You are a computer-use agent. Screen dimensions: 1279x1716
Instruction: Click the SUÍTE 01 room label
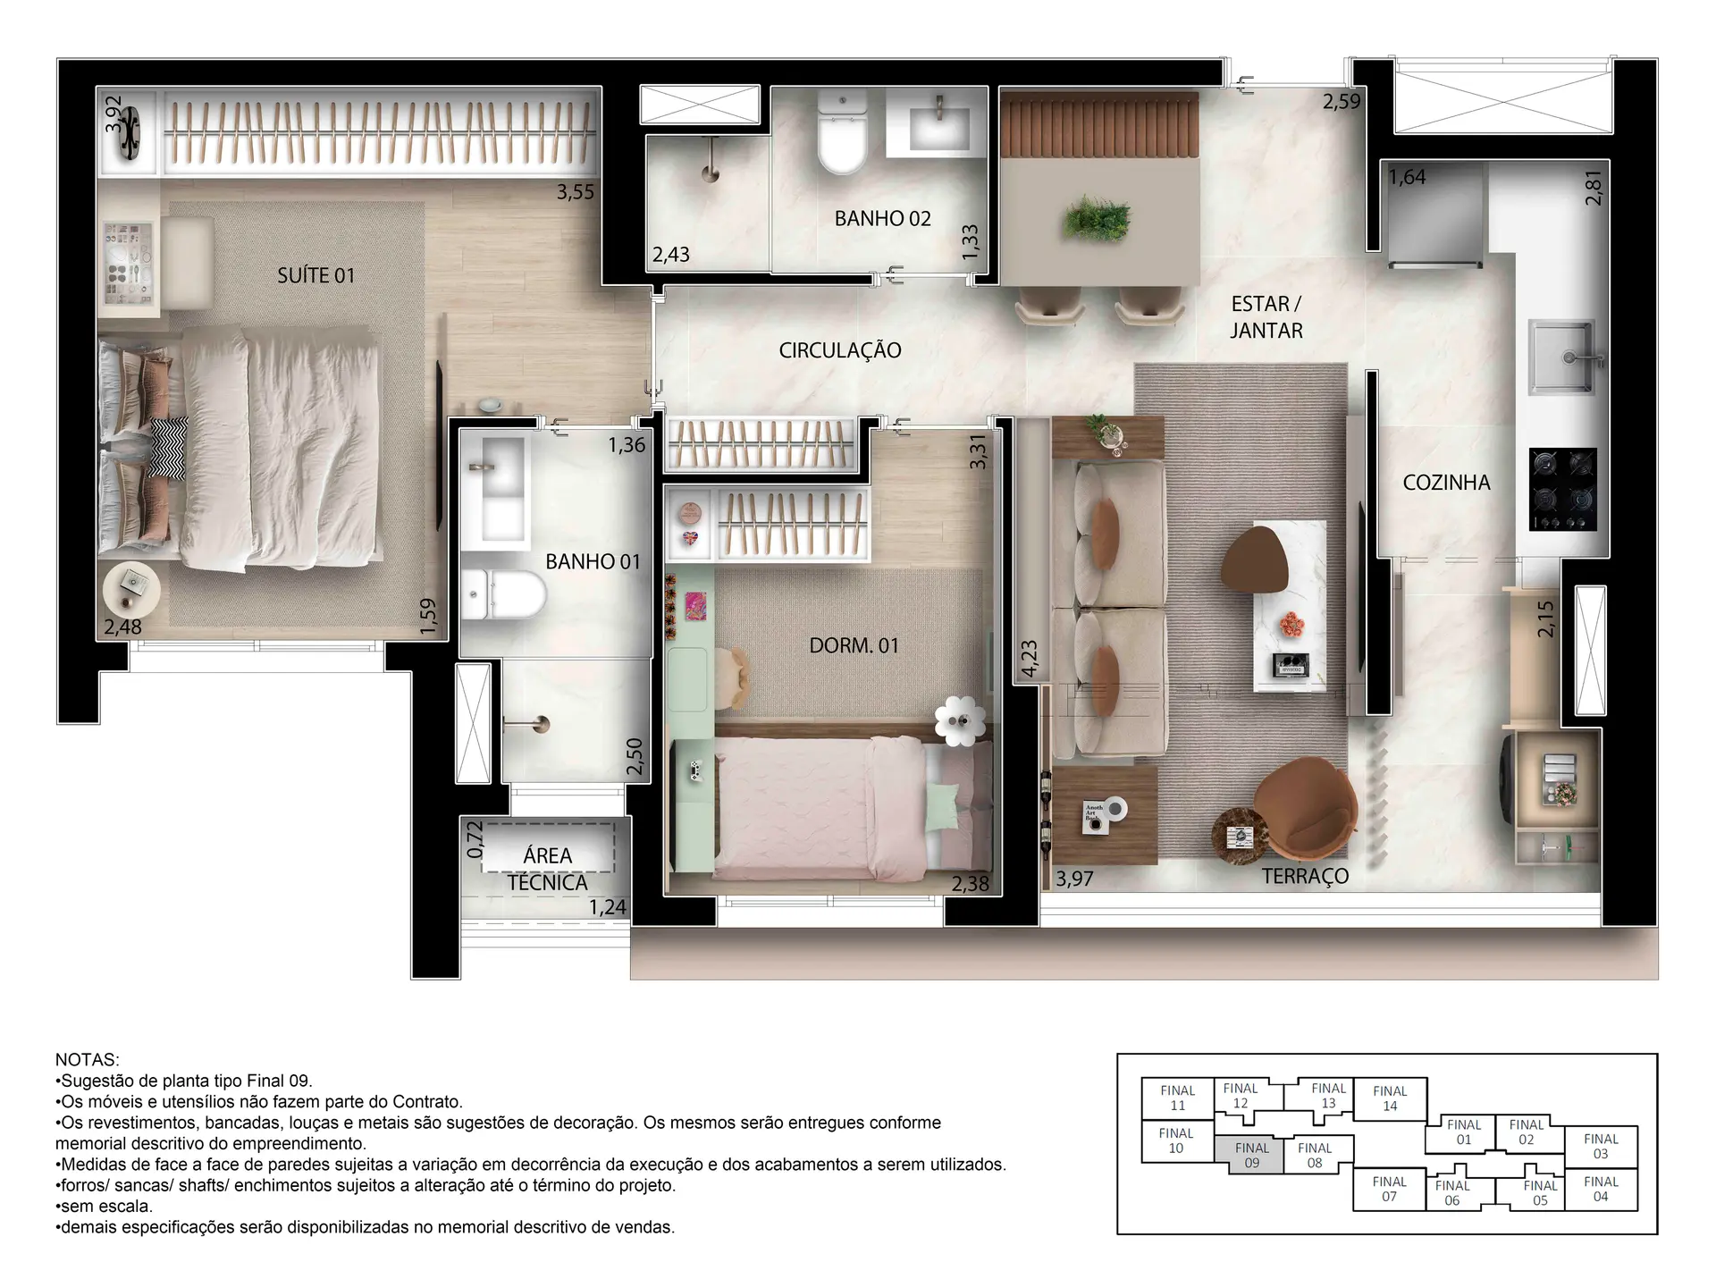[315, 275]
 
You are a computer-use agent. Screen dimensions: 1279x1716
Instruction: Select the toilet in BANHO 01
[506, 595]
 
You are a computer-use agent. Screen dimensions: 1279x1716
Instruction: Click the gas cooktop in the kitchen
[1562, 489]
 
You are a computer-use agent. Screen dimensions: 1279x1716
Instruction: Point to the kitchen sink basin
[1560, 358]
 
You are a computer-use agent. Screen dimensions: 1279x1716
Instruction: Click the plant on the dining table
[1098, 217]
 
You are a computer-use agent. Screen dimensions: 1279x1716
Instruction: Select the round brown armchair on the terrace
[1307, 810]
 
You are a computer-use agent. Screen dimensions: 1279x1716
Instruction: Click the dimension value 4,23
[1029, 659]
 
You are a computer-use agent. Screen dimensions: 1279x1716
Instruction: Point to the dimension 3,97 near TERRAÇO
[1073, 879]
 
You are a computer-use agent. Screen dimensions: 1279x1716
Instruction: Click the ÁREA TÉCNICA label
[547, 869]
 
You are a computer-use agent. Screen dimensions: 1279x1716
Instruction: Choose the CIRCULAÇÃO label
[839, 350]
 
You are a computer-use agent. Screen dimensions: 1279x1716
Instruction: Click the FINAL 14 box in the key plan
[1389, 1098]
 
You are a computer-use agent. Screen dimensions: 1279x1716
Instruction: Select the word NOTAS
[87, 1059]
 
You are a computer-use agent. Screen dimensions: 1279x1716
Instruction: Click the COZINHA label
[1446, 483]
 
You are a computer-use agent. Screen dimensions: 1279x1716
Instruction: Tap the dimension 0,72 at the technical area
[475, 840]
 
